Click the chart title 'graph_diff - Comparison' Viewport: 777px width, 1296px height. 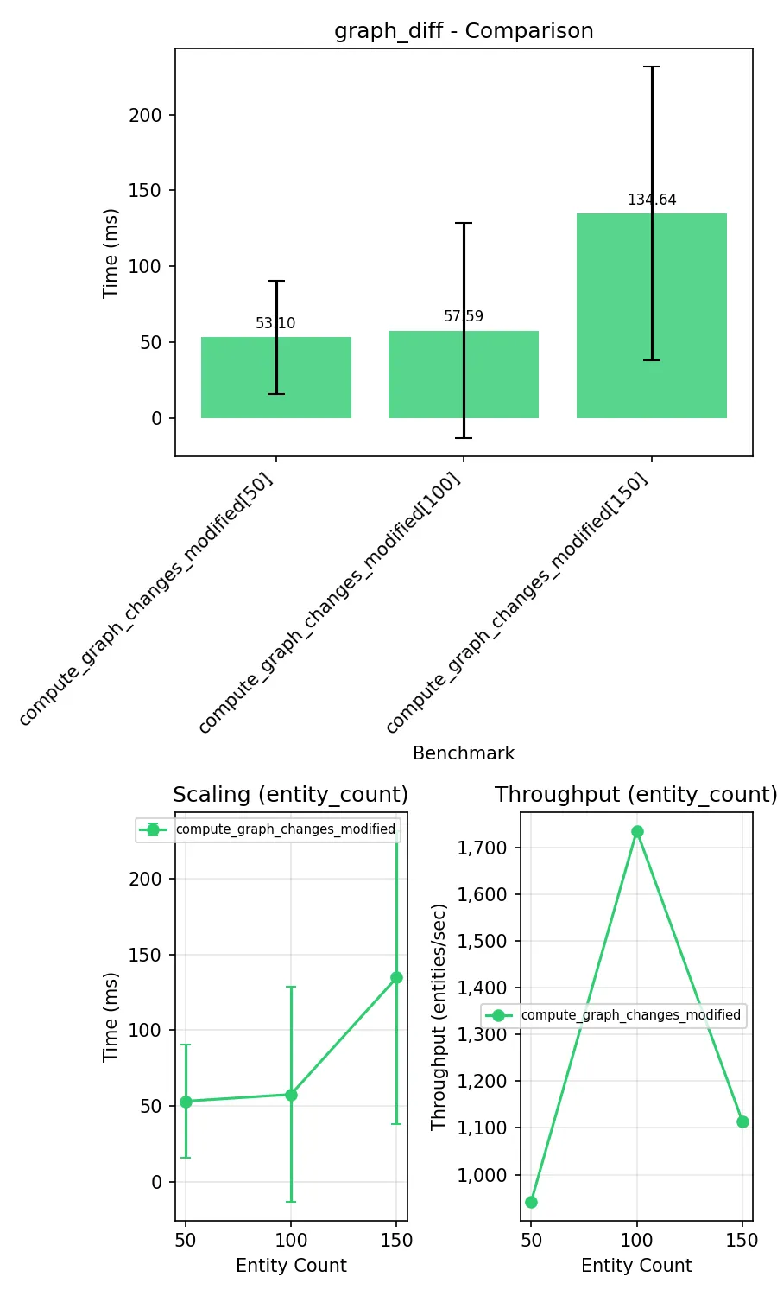[464, 31]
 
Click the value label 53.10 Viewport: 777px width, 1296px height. [275, 323]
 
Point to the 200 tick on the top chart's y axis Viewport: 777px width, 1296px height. [145, 115]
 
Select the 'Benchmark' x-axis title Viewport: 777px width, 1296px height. [464, 753]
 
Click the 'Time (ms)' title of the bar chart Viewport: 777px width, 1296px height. [110, 253]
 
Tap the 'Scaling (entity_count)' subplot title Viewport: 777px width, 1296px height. [290, 795]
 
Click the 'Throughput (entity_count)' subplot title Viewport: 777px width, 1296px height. [636, 795]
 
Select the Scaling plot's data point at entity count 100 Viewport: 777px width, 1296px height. [291, 1095]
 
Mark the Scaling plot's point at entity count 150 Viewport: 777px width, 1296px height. [396, 977]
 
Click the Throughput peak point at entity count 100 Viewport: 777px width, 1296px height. [637, 831]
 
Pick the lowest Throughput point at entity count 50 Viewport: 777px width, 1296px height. [531, 1202]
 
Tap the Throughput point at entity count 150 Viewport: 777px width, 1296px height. [742, 1121]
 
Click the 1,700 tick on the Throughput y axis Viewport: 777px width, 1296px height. [482, 848]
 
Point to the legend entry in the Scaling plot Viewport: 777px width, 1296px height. [268, 829]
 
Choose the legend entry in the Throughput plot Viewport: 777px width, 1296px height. [613, 1015]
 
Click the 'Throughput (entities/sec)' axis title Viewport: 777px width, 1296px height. [439, 1016]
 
